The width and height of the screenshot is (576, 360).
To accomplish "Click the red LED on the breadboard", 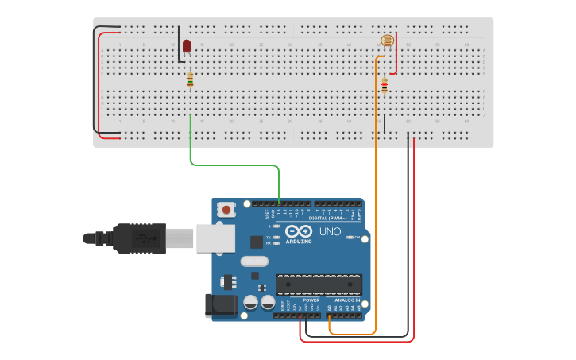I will coord(187,45).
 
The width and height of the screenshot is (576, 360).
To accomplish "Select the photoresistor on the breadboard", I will coord(387,41).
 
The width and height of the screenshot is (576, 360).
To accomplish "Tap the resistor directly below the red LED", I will coord(190,79).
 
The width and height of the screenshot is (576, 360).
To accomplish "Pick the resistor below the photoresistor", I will coord(385,85).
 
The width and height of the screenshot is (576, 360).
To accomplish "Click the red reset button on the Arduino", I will coord(227,210).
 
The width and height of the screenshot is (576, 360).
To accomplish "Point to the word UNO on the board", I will coord(330,232).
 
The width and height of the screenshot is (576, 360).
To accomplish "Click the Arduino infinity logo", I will coord(300,231).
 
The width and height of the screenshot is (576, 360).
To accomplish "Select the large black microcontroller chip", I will coord(319,284).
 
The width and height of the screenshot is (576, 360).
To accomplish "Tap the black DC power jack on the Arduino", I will coord(220,306).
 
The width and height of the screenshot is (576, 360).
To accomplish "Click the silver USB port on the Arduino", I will coord(215,238).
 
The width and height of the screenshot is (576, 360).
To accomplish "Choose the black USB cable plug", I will coord(139,238).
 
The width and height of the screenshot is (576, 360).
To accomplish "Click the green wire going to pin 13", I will coord(234,165).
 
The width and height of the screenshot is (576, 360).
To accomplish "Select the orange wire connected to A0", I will coord(376,199).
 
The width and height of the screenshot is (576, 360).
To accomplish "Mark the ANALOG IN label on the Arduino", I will coord(346,300).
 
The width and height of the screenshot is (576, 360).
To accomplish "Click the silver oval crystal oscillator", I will coord(254,261).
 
